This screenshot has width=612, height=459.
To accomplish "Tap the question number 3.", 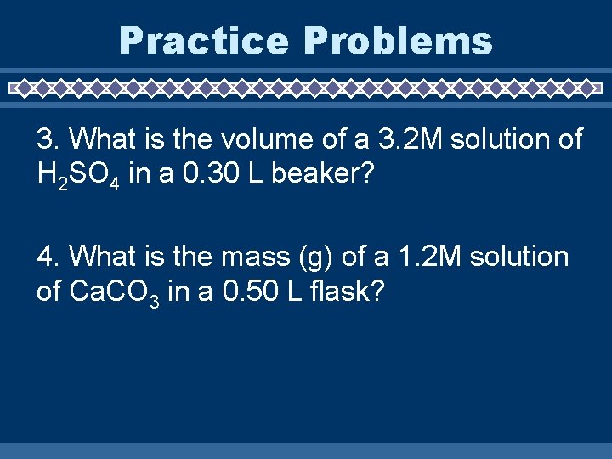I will click(45, 139).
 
